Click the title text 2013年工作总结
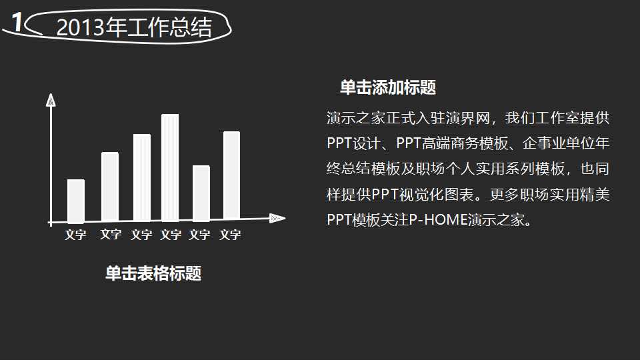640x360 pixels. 134,28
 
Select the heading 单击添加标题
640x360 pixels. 388,87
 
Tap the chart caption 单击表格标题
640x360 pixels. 153,273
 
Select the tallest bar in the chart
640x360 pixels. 170,167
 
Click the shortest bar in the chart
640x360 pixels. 76,201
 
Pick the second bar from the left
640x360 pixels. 110,187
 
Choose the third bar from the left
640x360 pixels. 142,177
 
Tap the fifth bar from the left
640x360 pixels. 201,193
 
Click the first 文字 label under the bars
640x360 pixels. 75,235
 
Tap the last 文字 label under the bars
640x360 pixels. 230,235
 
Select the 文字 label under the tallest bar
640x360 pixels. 171,235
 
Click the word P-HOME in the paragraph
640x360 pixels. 438,219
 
